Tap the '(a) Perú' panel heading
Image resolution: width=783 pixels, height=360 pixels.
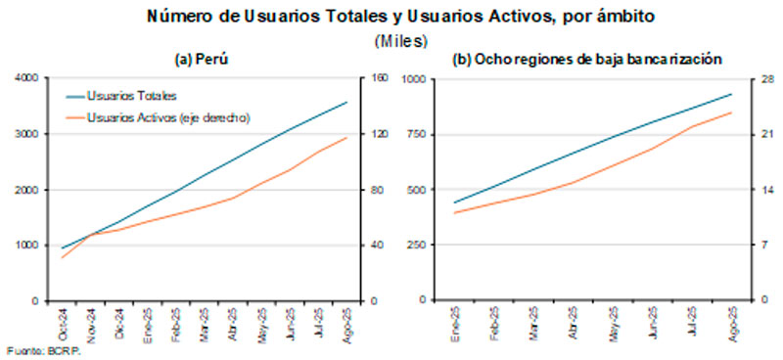pyautogui.click(x=202, y=61)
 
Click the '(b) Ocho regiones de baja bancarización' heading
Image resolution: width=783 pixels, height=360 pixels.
pyautogui.click(x=587, y=61)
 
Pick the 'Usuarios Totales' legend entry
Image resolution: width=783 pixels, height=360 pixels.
pyautogui.click(x=131, y=97)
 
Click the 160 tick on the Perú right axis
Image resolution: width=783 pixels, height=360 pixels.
pyautogui.click(x=378, y=78)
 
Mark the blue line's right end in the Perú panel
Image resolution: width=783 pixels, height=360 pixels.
pyautogui.click(x=346, y=102)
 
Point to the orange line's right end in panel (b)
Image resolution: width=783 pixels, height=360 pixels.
pyautogui.click(x=731, y=112)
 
